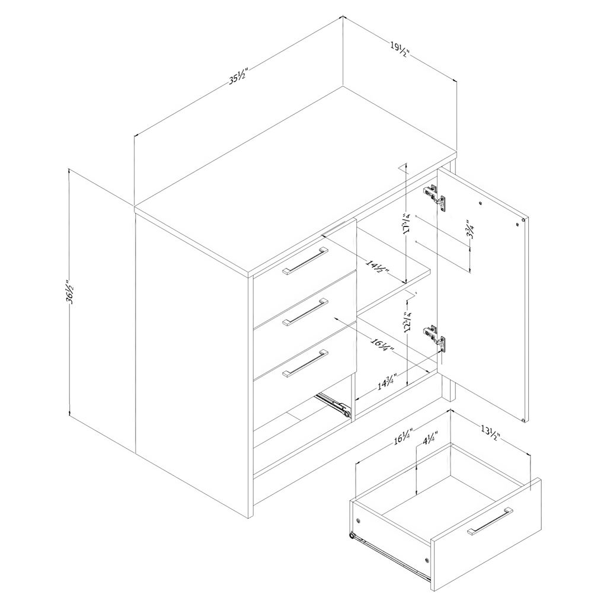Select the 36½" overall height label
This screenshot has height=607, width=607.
pyautogui.click(x=70, y=291)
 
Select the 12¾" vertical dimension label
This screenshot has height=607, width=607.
pyautogui.click(x=407, y=322)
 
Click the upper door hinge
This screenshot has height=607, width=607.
pyautogui.click(x=435, y=197)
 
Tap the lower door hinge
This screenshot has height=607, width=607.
pyautogui.click(x=435, y=337)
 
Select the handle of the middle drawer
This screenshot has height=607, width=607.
pyautogui.click(x=305, y=311)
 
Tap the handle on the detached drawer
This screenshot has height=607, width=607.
pyautogui.click(x=490, y=521)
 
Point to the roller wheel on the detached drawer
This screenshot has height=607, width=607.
pyautogui.click(x=352, y=536)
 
